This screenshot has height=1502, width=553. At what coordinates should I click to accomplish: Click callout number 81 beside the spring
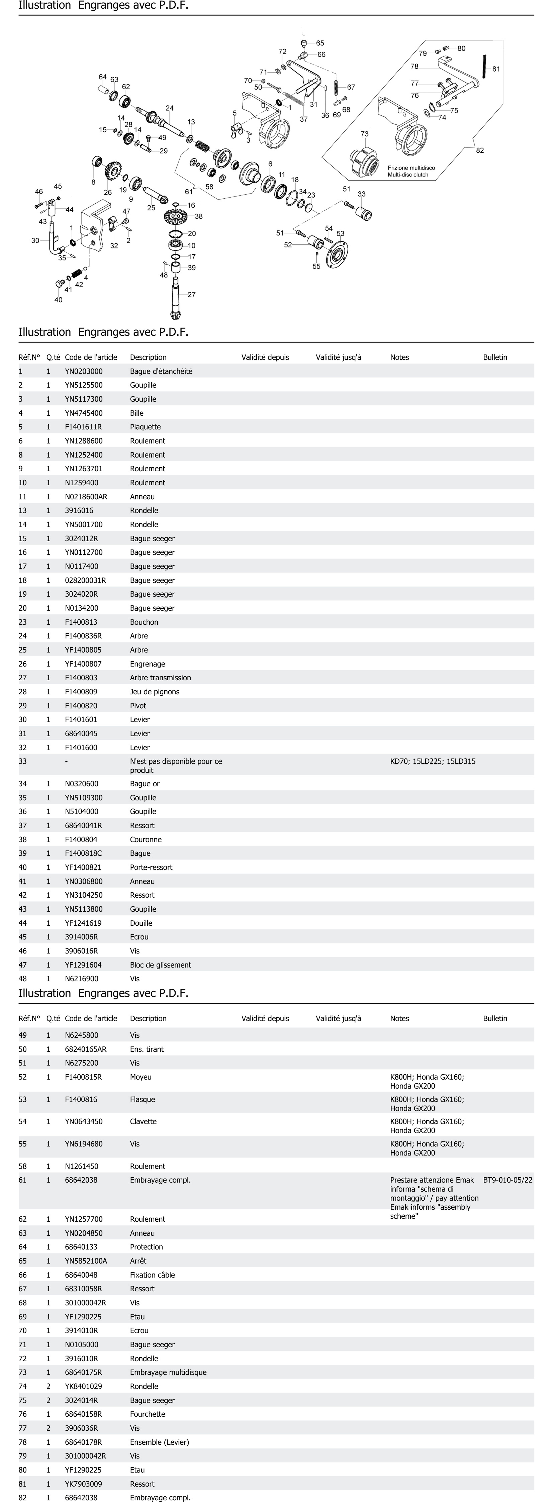[496, 69]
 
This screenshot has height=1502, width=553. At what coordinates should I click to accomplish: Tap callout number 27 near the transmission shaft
[191, 294]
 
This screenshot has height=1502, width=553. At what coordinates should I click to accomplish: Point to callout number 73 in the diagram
[365, 134]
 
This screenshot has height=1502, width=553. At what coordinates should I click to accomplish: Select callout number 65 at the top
[320, 43]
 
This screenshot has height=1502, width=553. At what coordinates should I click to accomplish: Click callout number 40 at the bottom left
[58, 300]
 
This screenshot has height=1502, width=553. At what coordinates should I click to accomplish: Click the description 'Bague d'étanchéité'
[161, 371]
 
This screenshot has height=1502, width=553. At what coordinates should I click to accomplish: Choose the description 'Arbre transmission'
[160, 678]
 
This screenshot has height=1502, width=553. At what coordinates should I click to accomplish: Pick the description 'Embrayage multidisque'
[168, 1372]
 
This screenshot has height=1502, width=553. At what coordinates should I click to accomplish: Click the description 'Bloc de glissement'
[160, 965]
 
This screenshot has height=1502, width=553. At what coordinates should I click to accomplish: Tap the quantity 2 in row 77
[48, 1428]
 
